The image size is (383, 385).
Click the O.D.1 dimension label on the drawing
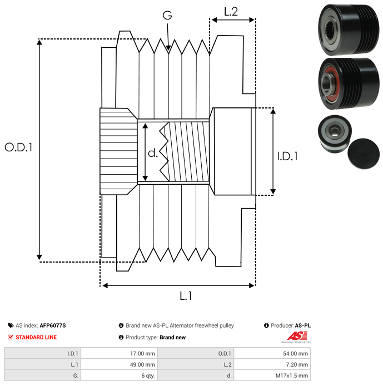tap(18, 147)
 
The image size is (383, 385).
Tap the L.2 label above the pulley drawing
tap(231, 11)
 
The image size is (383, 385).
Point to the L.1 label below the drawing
tap(185, 296)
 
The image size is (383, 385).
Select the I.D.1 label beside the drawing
tap(287, 156)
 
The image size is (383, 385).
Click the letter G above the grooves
tap(167, 16)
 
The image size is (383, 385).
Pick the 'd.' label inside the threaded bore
tap(153, 152)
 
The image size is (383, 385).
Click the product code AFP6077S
tap(53, 325)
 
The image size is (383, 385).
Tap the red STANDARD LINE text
tap(36, 337)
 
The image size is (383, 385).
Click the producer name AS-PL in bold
tap(302, 325)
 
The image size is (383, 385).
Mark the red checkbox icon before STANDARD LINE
tap(10, 337)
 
